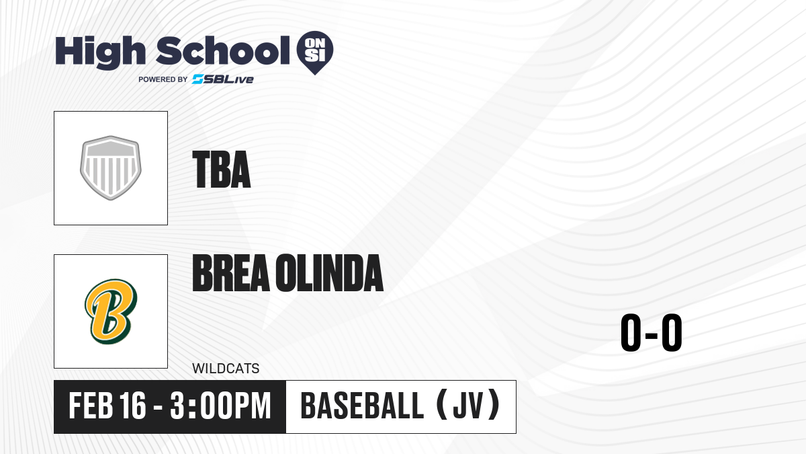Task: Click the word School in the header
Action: click(223, 50)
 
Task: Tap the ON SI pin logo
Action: click(315, 52)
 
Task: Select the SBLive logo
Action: click(223, 79)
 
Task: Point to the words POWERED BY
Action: click(163, 79)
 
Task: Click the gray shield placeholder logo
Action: click(111, 168)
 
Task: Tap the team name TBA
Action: click(221, 169)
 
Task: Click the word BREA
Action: click(231, 273)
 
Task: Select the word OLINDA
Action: click(330, 273)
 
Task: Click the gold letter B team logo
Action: click(111, 311)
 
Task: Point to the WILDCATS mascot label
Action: click(226, 369)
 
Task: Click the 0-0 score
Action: click(652, 332)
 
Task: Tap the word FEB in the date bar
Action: click(91, 406)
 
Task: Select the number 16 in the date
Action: click(133, 406)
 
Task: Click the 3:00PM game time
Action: click(220, 406)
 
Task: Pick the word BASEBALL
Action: click(362, 406)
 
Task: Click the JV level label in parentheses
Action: click(467, 406)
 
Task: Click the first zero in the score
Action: click(631, 332)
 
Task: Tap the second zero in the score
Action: click(672, 332)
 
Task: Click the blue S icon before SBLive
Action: click(198, 79)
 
